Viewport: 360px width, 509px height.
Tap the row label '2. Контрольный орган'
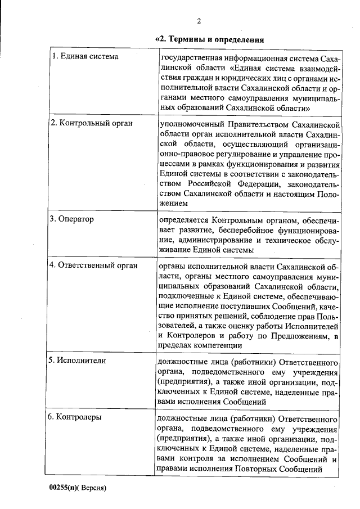coord(91,123)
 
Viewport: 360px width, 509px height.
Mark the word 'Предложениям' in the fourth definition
coord(299,336)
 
